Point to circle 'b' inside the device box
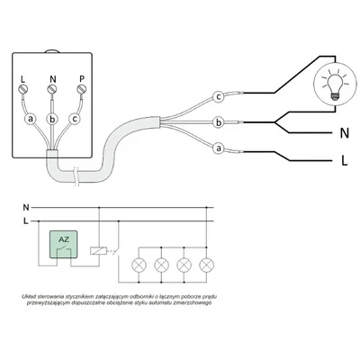click(x=52, y=118)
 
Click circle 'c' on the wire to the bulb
click(x=218, y=96)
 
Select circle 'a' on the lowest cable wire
click(x=218, y=148)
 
